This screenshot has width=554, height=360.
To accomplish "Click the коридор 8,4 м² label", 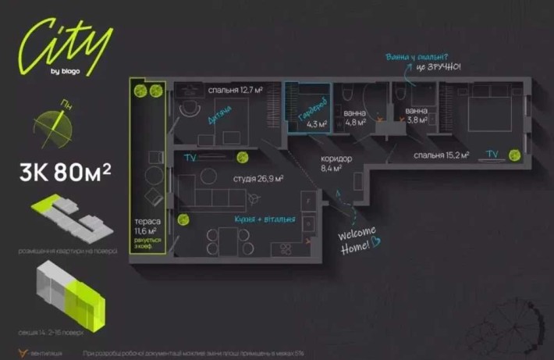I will point(336,162).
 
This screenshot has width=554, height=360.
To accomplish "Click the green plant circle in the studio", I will point(183,220).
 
